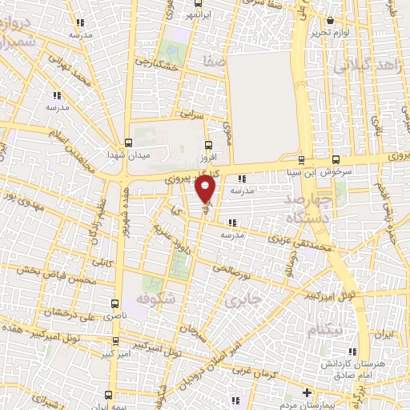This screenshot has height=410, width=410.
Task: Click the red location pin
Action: [206, 190]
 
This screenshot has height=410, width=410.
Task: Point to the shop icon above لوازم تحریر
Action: [330, 20]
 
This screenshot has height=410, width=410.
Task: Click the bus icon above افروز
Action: [209, 145]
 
